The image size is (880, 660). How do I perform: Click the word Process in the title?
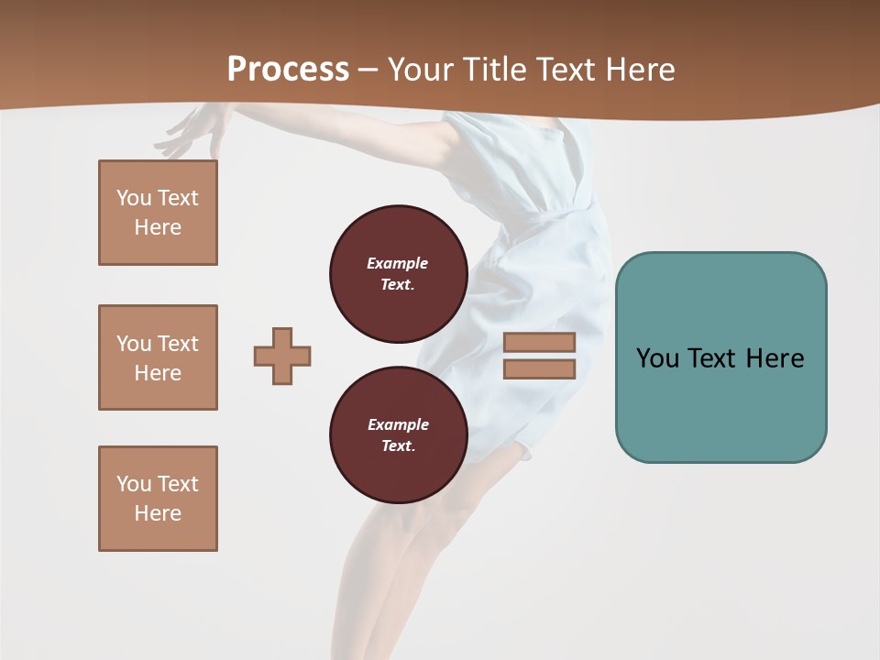click(288, 70)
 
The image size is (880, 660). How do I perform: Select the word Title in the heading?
click(493, 70)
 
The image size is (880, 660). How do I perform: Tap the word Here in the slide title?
click(638, 70)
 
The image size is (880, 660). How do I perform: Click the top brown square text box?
click(158, 213)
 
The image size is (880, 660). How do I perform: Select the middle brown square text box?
click(158, 357)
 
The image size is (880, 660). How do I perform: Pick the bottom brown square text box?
click(158, 499)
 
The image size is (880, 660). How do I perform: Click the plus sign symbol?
click(282, 356)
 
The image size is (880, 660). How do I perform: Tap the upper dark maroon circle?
click(398, 274)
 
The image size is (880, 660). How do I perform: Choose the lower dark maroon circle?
click(398, 435)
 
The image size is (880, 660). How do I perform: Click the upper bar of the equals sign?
click(539, 342)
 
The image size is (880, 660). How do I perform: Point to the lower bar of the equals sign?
click(539, 369)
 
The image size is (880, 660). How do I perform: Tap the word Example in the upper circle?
click(397, 263)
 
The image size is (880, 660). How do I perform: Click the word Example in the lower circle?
click(398, 424)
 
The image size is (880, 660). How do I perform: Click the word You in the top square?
click(134, 198)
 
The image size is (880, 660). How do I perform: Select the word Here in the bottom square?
click(158, 513)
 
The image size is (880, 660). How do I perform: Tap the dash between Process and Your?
click(368, 71)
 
